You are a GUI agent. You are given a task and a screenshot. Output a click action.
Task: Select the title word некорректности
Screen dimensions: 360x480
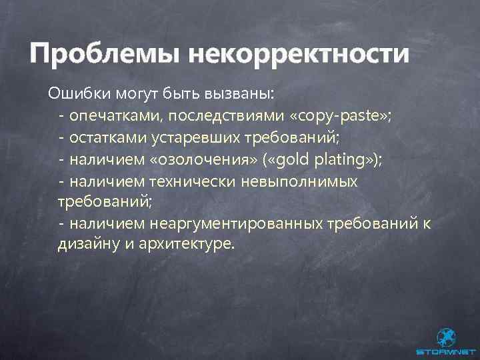[298, 53]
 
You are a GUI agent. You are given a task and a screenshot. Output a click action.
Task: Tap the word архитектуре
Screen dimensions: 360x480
[187, 245]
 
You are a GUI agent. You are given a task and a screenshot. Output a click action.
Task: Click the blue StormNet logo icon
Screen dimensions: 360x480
[445, 337]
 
